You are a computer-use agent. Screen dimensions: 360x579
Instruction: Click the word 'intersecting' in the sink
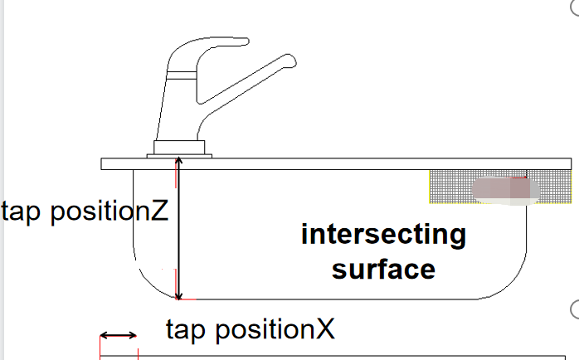click(x=383, y=236)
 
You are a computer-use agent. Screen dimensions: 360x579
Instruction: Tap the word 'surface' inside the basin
click(x=383, y=269)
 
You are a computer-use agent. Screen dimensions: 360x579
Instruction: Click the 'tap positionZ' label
click(x=85, y=212)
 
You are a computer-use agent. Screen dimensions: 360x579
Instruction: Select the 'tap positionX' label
click(x=250, y=329)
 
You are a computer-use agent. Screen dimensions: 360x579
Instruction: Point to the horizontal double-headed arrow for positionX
click(x=119, y=335)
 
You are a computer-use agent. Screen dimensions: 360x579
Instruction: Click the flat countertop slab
click(x=332, y=163)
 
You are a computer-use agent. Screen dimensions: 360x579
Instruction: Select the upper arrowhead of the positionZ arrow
click(x=177, y=163)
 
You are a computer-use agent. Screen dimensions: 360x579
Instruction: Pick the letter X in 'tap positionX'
click(x=325, y=329)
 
